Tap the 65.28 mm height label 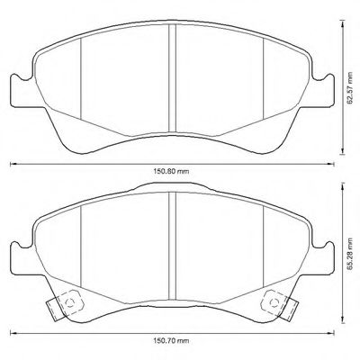pos(351,256)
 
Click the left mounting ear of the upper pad pos(17,90)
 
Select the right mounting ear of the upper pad pos(325,90)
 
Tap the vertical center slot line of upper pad pos(171,76)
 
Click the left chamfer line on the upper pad pos(81,81)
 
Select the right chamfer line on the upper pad pos(261,81)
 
